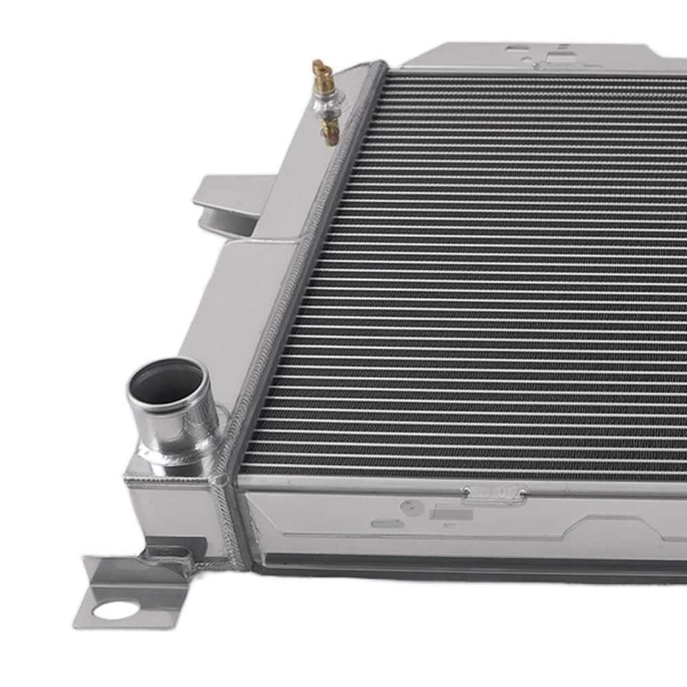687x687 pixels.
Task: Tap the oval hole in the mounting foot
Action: (x=115, y=609)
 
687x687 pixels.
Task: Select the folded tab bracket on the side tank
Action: (x=227, y=199)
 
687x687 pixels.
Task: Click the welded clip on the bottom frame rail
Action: (x=495, y=494)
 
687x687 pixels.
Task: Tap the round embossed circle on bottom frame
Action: (x=412, y=508)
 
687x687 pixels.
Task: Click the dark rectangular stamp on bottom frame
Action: (x=451, y=513)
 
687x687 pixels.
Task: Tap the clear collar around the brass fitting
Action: (x=327, y=103)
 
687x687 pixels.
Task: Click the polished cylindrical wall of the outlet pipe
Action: (x=175, y=423)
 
